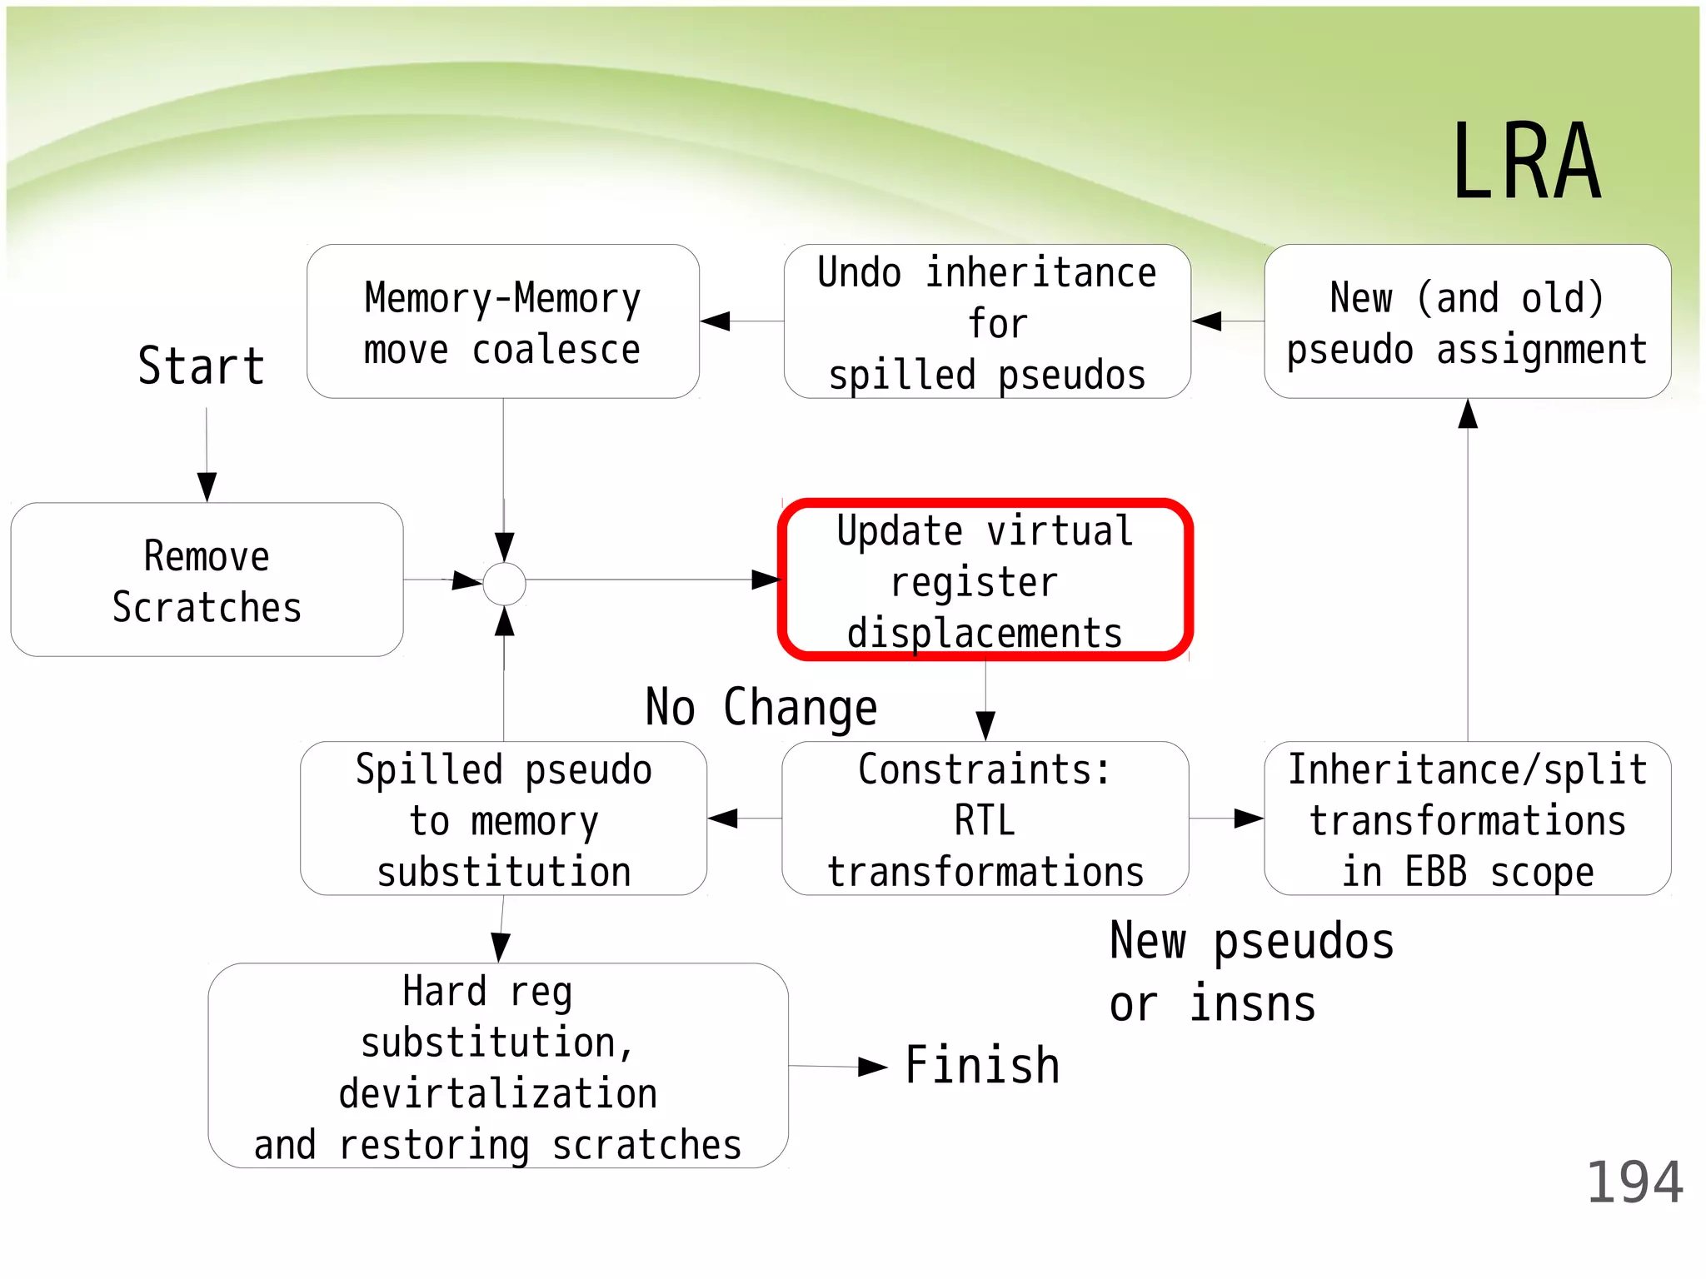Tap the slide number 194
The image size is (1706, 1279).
click(1634, 1182)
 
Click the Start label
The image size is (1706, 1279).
click(202, 366)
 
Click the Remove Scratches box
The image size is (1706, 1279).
click(207, 580)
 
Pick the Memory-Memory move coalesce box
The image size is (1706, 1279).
click(502, 321)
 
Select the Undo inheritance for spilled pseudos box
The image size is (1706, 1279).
click(987, 321)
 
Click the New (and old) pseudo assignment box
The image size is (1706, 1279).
click(1467, 321)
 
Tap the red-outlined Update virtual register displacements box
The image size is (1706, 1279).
click(985, 580)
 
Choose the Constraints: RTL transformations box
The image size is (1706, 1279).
click(985, 819)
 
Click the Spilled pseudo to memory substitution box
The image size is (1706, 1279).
click(503, 819)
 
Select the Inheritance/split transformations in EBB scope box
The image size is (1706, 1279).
click(1467, 819)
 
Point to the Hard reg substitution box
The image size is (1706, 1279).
click(497, 1066)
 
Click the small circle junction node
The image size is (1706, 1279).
click(505, 584)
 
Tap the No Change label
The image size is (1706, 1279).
click(761, 708)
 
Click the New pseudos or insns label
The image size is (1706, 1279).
click(1251, 972)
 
